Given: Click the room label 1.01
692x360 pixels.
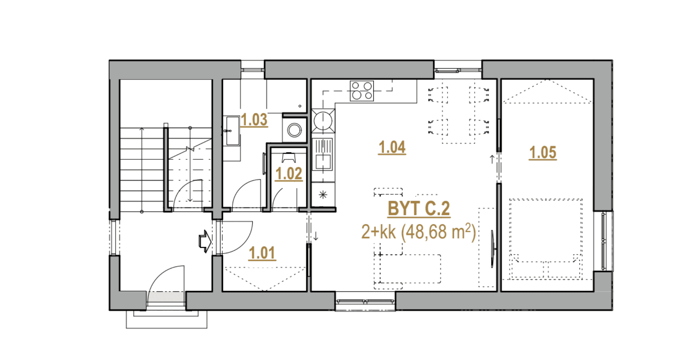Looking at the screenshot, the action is pos(262,253).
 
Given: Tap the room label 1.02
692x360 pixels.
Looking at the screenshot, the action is pos(289,174).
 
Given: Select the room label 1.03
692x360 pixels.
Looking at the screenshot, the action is pos(254,120).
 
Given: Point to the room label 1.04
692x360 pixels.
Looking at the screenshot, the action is pos(392,147).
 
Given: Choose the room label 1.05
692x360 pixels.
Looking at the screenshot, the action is pos(543,153).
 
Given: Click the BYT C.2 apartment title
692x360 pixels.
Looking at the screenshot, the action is pos(419,209).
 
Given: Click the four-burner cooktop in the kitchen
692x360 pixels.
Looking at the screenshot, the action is pos(362,91).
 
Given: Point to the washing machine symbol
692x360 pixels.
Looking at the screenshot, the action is pos(295,130).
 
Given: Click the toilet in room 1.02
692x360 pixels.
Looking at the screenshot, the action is pos(289,157).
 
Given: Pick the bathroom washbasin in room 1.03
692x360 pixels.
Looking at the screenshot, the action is pos(232,130).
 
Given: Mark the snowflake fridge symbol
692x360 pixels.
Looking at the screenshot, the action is pos(323,195).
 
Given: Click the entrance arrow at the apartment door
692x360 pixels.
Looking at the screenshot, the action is pos(205,241).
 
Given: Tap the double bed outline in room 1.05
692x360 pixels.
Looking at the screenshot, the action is pos(545,239).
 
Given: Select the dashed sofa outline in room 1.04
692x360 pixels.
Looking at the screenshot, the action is pos(407,269).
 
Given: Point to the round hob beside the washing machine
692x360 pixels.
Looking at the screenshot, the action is pos(323,121).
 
